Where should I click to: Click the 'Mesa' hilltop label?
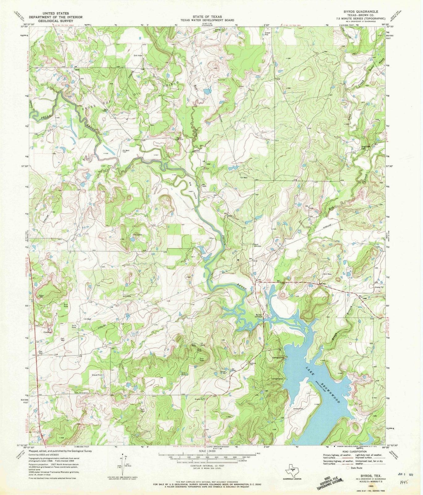[40, 295]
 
